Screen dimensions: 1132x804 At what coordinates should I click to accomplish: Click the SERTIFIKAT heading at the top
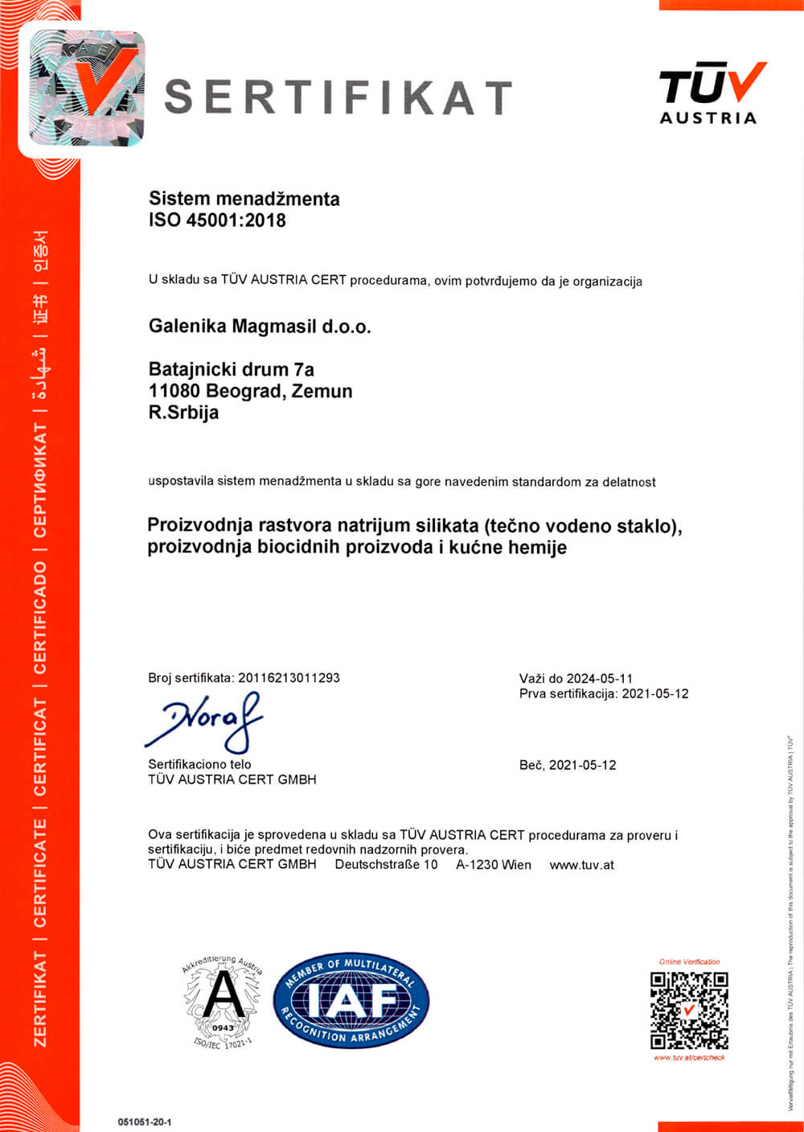tap(338, 97)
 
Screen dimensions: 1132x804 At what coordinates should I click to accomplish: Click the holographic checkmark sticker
tap(88, 89)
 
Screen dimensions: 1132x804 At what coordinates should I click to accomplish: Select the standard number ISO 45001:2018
tap(217, 220)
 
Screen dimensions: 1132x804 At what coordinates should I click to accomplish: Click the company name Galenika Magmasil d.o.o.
tap(260, 327)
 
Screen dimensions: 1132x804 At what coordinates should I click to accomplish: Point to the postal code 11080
tap(174, 392)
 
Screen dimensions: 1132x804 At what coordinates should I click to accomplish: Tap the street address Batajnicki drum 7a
tap(231, 370)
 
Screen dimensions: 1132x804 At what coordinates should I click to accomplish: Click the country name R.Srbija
tap(183, 413)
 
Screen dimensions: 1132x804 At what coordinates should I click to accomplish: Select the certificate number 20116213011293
tap(289, 677)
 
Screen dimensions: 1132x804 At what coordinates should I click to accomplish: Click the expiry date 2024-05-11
tap(599, 678)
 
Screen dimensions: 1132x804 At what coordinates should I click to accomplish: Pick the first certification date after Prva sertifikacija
tap(655, 694)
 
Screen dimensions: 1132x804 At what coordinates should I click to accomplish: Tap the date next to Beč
tap(582, 765)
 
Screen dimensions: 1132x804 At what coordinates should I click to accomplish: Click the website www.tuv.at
tap(581, 865)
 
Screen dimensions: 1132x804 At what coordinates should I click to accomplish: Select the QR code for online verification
tap(689, 1011)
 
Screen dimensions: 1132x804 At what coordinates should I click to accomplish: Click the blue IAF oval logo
tap(351, 1001)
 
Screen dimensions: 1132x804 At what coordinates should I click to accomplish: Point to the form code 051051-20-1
tap(145, 1122)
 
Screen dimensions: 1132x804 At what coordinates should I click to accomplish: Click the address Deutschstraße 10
tap(386, 865)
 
